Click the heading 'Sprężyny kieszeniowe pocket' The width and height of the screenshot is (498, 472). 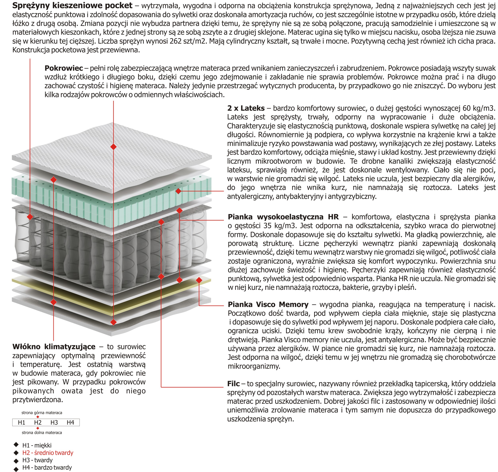pyautogui.click(x=72, y=6)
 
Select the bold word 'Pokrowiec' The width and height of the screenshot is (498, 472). pyautogui.click(x=64, y=68)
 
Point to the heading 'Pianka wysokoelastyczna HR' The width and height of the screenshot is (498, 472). pyautogui.click(x=283, y=217)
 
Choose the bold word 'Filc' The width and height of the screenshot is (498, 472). pyautogui.click(x=233, y=384)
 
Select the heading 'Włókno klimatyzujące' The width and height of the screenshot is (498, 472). pyautogui.click(x=54, y=347)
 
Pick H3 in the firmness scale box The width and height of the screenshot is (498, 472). pyautogui.click(x=54, y=422)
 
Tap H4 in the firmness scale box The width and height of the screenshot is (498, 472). pyautogui.click(x=71, y=422)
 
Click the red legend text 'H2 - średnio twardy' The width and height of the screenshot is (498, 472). pyautogui.click(x=48, y=453)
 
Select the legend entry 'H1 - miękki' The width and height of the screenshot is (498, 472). pyautogui.click(x=37, y=445)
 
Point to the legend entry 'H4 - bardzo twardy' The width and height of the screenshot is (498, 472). pyautogui.click(x=47, y=467)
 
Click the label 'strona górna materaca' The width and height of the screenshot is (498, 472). pyautogui.click(x=42, y=413)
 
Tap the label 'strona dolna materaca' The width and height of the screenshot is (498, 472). pyautogui.click(x=42, y=433)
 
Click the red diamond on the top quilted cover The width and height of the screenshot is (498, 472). pyautogui.click(x=114, y=147)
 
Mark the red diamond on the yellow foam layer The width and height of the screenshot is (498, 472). pyautogui.click(x=199, y=280)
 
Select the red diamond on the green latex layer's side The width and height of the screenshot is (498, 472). pyautogui.click(x=178, y=191)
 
